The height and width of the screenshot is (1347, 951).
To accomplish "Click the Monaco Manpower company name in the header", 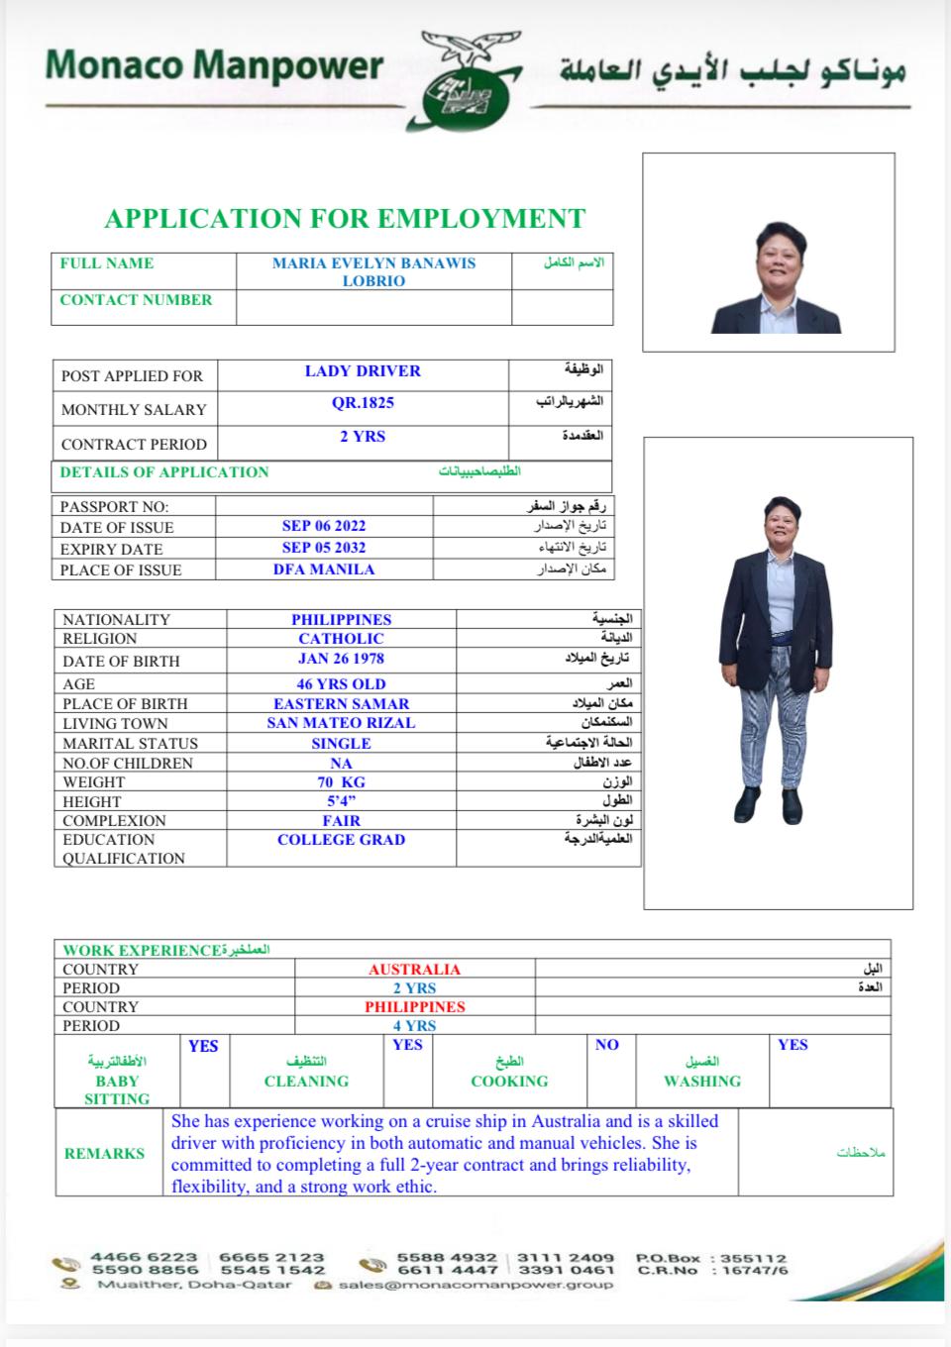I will (x=214, y=65).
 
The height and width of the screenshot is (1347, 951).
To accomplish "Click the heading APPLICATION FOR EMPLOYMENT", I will (x=345, y=219).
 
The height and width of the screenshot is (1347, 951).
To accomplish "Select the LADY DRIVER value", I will (x=363, y=371).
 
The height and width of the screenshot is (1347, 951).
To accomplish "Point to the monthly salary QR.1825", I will (x=363, y=403).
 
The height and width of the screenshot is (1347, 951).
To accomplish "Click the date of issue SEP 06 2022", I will (x=324, y=526).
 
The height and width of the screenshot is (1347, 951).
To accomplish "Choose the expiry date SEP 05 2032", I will (x=324, y=548).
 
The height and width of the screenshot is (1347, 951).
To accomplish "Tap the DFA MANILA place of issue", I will (x=324, y=570).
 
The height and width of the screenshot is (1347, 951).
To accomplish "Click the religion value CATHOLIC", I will (x=341, y=639).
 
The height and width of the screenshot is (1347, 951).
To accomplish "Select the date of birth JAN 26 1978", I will (x=341, y=659).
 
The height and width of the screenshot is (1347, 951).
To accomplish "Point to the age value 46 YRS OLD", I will (x=341, y=684).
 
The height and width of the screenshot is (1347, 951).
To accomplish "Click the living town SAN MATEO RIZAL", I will (x=341, y=723).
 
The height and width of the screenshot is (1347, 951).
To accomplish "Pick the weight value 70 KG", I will (x=341, y=782).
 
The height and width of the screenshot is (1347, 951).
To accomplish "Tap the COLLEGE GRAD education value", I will (x=341, y=840).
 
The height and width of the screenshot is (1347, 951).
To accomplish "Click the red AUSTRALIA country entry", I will (x=414, y=970).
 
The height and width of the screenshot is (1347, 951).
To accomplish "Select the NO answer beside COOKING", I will (x=607, y=1045).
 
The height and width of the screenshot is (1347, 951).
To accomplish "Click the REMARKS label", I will (x=104, y=1154).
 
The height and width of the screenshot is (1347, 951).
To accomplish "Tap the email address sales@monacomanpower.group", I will (x=475, y=1285).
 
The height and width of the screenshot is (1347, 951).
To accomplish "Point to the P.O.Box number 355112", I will (x=754, y=1258).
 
